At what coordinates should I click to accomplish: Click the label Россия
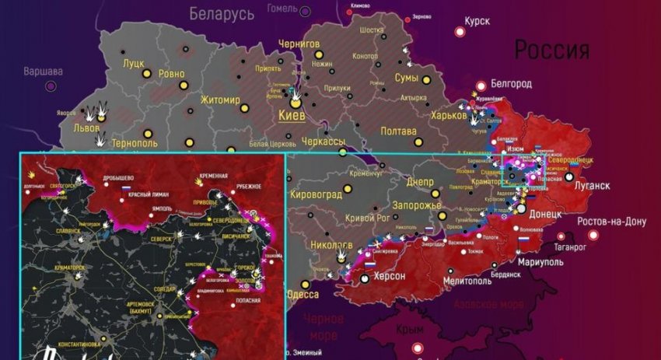(x=551, y=51)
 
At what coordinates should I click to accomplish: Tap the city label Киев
(x=292, y=115)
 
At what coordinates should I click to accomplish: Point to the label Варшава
(x=43, y=71)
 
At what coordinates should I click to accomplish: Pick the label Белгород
(x=510, y=83)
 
